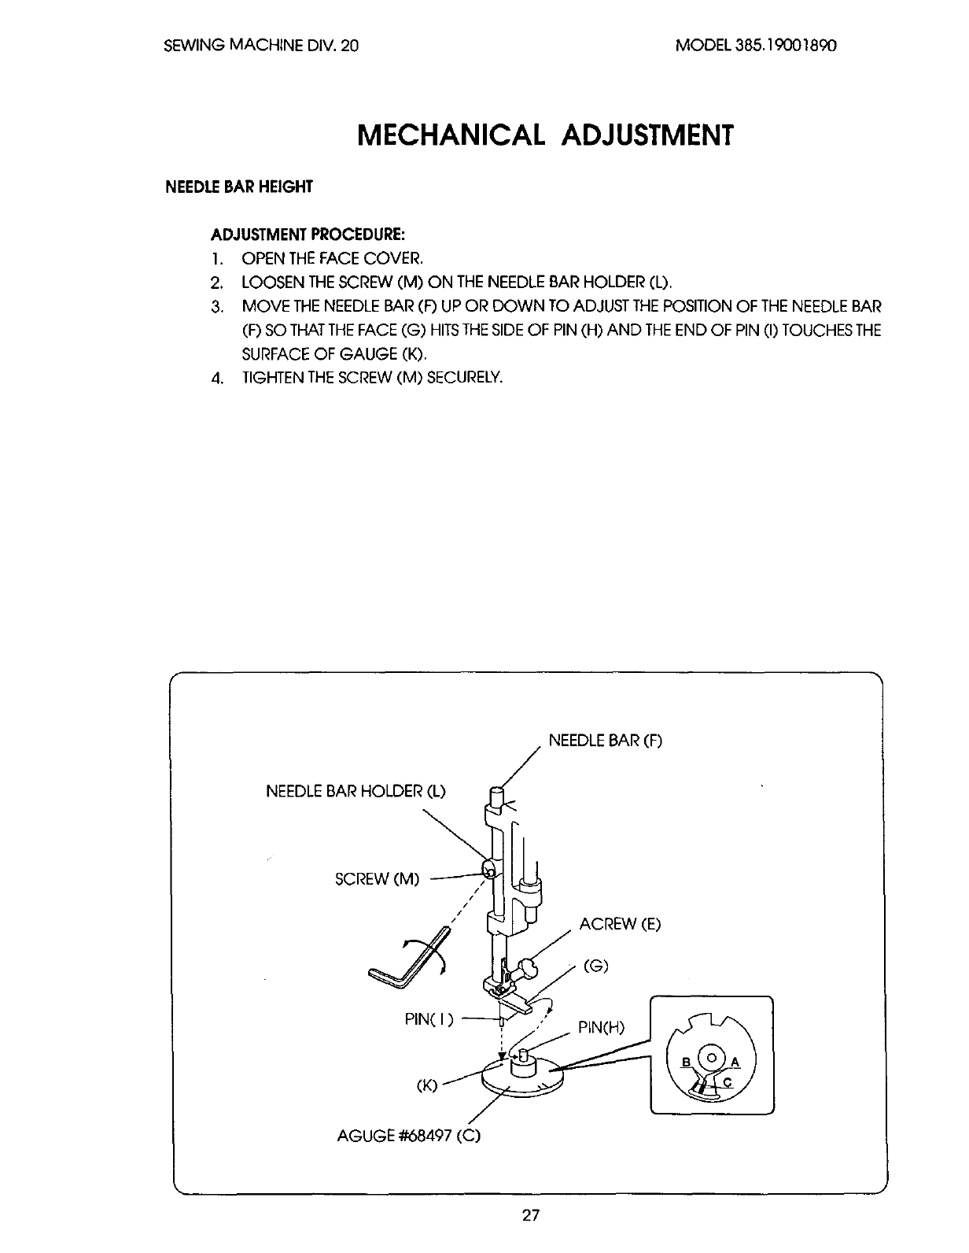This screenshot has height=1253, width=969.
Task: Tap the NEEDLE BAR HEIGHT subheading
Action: (x=238, y=187)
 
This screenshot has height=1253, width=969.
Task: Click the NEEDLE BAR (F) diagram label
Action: (x=606, y=741)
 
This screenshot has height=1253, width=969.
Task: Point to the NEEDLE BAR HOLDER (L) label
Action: (x=356, y=790)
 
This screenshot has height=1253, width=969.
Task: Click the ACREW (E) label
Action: (x=620, y=924)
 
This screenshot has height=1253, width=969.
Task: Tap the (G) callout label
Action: (x=596, y=967)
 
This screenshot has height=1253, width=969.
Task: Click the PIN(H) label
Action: (x=601, y=1027)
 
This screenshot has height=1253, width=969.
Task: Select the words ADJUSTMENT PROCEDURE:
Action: (x=308, y=235)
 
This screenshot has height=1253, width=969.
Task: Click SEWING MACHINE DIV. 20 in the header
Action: (x=261, y=46)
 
